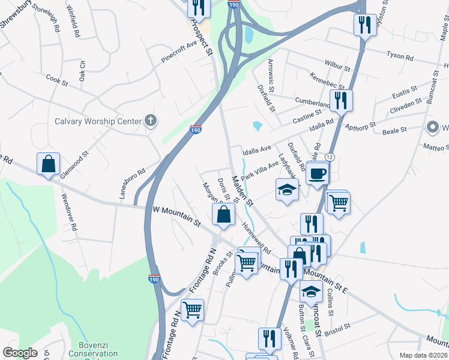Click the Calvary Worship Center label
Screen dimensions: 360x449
(x=98, y=121)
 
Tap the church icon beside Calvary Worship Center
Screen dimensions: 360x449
(x=151, y=121)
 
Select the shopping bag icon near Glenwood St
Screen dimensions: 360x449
(x=48, y=164)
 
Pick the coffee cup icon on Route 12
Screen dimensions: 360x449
(x=318, y=175)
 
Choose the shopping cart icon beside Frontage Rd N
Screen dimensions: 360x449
(x=192, y=310)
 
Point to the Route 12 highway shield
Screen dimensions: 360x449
(x=331, y=156)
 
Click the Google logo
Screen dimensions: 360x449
(x=20, y=353)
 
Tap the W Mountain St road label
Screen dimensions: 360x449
(x=176, y=216)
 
